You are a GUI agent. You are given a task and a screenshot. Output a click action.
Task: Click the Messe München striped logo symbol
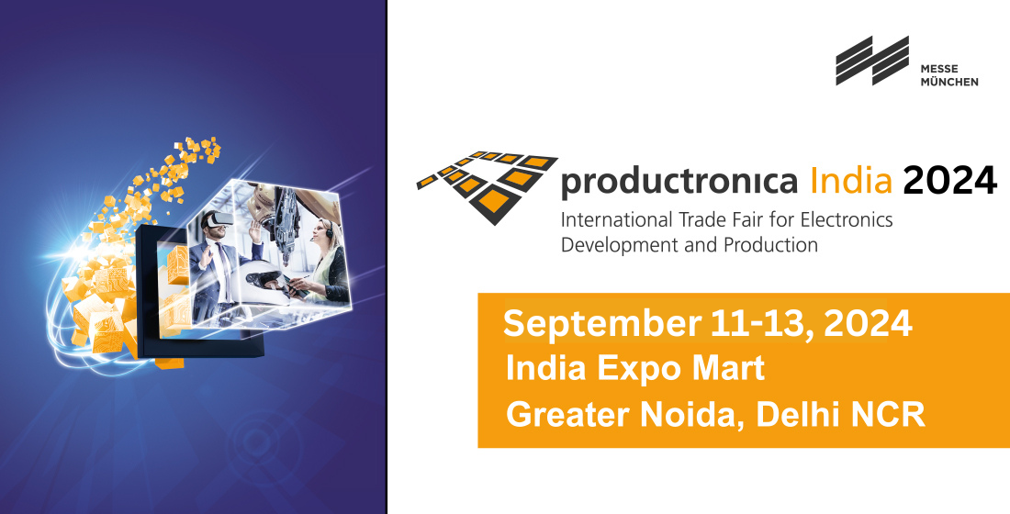pos(872,61)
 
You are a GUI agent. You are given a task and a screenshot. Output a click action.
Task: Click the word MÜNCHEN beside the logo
pos(948,82)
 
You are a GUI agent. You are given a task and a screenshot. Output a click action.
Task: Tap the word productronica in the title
pos(679,182)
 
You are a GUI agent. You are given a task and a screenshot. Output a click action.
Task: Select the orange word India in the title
pos(851,180)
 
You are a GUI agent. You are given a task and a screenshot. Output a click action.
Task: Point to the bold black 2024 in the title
pos(949,180)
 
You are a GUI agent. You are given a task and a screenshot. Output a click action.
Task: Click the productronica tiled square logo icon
pos(488,187)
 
